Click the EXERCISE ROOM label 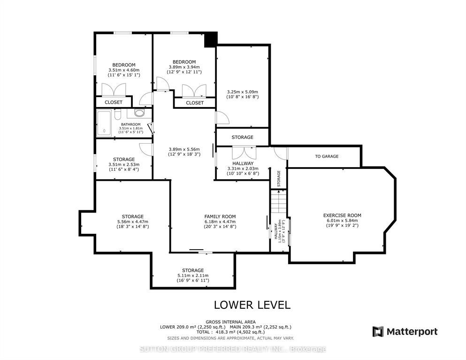tap(342, 215)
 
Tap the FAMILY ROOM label tap(220, 216)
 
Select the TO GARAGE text tap(327, 156)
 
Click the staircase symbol tap(278, 201)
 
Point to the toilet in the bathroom tap(117, 114)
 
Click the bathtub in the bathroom tap(104, 123)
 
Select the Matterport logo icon tap(378, 331)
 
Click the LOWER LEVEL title tap(252, 305)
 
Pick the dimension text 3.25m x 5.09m tap(243, 92)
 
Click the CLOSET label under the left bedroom tap(114, 102)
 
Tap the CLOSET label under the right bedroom tap(195, 103)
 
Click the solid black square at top tap(211, 39)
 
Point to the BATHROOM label tap(131, 124)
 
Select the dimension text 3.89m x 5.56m tap(184, 149)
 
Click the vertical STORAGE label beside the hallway tap(278, 178)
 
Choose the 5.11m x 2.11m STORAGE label tap(193, 275)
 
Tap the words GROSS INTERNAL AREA tap(230, 322)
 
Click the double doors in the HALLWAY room tap(244, 153)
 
